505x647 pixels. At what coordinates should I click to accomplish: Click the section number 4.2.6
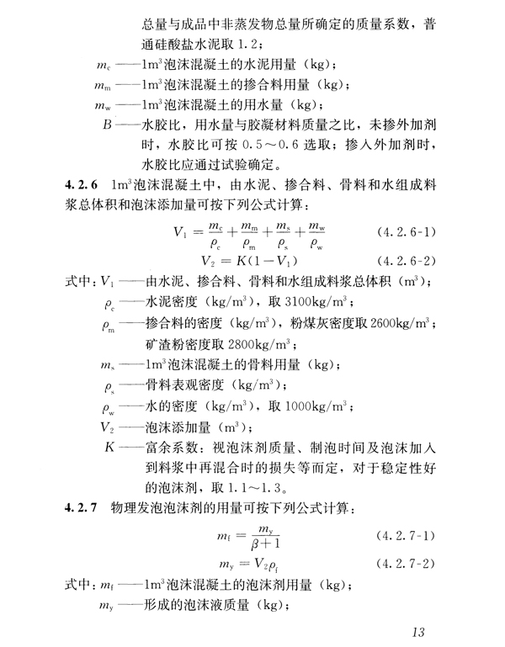click(x=82, y=183)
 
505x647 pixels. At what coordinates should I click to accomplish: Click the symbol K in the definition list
click(x=110, y=447)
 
